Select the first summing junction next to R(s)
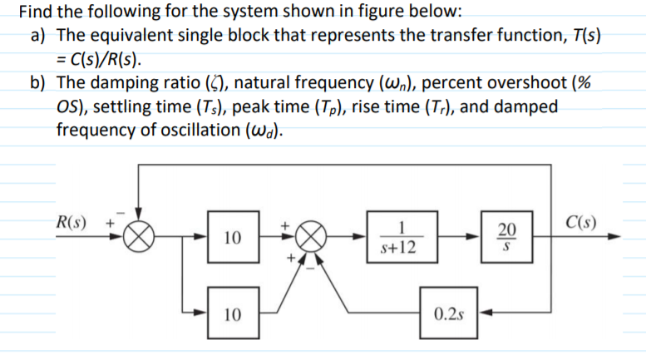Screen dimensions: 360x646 (x=139, y=237)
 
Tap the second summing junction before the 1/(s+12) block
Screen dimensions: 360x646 (x=309, y=237)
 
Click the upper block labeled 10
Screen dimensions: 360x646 (x=234, y=239)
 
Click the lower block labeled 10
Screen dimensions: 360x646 (x=234, y=314)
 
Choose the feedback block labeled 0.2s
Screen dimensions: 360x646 (x=449, y=314)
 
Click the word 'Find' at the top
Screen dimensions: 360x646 (x=37, y=12)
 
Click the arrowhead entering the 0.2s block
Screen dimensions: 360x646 (x=484, y=314)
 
